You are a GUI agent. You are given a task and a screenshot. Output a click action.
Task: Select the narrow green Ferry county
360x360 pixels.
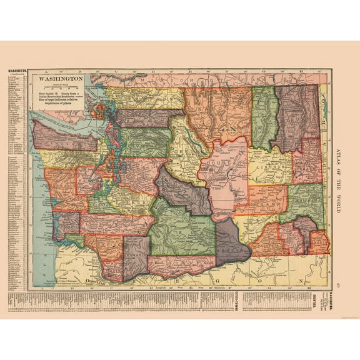point(265,116)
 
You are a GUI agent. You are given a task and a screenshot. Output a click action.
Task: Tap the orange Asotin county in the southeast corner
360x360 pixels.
point(319,241)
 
